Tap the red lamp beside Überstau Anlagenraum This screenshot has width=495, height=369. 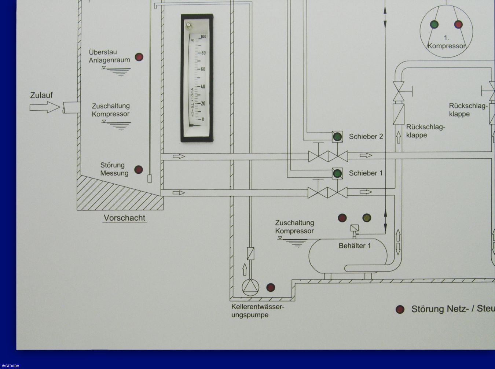[139, 57]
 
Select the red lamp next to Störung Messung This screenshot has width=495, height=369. [139, 170]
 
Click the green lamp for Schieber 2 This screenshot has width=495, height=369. [337, 137]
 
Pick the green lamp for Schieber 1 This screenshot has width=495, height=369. [337, 173]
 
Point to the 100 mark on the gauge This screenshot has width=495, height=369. [203, 37]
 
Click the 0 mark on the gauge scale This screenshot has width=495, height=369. [203, 119]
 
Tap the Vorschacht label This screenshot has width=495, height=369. [124, 218]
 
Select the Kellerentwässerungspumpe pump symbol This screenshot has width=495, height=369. [250, 287]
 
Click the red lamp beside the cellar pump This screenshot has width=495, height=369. [271, 288]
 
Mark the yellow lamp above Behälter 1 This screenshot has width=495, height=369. [366, 218]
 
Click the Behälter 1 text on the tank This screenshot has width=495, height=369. [355, 246]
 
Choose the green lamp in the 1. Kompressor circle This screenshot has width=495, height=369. [434, 25]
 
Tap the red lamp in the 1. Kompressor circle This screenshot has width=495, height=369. [458, 25]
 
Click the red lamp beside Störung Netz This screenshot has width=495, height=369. [400, 309]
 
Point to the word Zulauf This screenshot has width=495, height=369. [41, 95]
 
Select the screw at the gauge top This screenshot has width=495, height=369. [188, 25]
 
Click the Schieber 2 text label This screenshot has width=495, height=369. [366, 137]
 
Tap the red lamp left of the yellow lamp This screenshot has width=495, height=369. [342, 218]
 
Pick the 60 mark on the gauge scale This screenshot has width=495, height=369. [203, 69]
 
